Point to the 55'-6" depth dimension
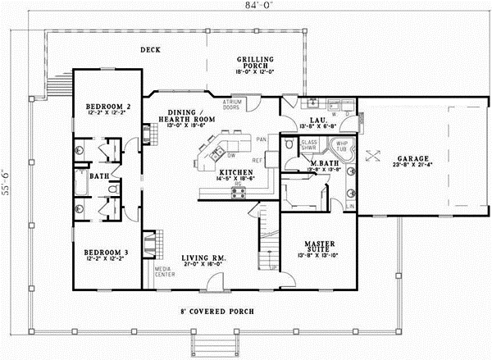pyautogui.click(x=6, y=180)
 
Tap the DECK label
pyautogui.click(x=149, y=50)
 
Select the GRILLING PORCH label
pyautogui.click(x=256, y=64)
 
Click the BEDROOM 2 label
pyautogui.click(x=108, y=107)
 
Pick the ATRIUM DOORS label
pyautogui.click(x=232, y=104)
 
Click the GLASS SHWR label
pyautogui.click(x=309, y=145)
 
